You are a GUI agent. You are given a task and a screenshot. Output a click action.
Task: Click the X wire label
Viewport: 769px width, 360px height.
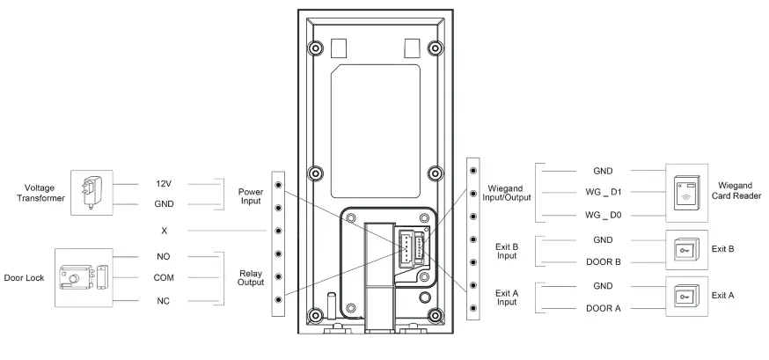pyautogui.click(x=165, y=231)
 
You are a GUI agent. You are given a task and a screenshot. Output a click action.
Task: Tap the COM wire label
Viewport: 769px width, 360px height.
pyautogui.click(x=165, y=278)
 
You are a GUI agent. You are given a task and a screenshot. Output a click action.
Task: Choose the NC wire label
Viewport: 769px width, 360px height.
pyautogui.click(x=165, y=301)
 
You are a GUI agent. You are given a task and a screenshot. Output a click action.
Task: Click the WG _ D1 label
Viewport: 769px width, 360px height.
pyautogui.click(x=604, y=192)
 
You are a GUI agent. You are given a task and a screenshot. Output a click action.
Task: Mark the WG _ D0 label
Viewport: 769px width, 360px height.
pyautogui.click(x=604, y=216)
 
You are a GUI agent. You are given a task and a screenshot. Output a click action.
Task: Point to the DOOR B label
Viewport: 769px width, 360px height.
pyautogui.click(x=603, y=261)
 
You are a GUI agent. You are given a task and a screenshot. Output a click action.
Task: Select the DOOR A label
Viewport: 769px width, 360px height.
pyautogui.click(x=603, y=307)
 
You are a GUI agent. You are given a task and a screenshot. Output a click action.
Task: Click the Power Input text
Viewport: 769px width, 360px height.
pyautogui.click(x=251, y=195)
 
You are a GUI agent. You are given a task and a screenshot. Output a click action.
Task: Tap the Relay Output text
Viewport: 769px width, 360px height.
pyautogui.click(x=251, y=278)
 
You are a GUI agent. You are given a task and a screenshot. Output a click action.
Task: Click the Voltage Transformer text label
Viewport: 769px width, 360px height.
pyautogui.click(x=33, y=193)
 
